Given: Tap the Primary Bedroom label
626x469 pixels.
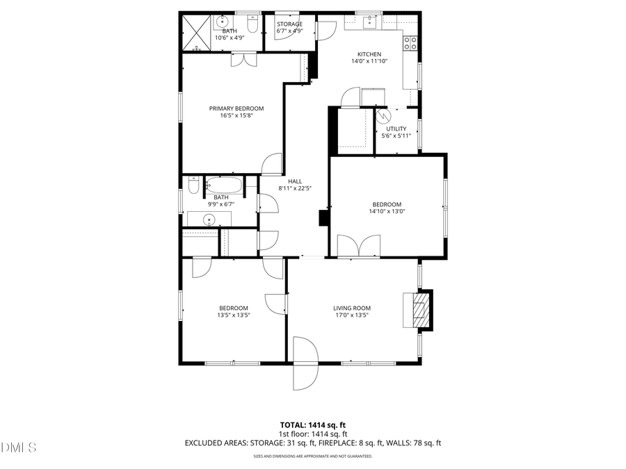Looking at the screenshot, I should pos(236,108).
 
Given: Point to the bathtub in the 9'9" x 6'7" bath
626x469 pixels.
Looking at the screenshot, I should pos(223,186).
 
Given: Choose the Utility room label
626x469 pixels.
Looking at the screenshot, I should pos(396,129).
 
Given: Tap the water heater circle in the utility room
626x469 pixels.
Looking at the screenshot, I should pos(382,115).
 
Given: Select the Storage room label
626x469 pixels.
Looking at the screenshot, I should pos(289,24).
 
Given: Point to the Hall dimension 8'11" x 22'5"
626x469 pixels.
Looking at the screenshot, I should pos(294,188).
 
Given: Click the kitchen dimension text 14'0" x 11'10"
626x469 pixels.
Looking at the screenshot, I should pos(369,61).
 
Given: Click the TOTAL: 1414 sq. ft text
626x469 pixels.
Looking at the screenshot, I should pos(312,424).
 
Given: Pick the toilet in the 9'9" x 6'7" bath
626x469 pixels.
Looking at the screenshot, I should pos(193,186).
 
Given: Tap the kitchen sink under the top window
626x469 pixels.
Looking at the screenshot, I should pos(371,22).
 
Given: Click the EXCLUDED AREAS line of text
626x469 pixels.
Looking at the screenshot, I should pos(312,443).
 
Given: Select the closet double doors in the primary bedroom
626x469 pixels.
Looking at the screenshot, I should pos(243,61).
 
